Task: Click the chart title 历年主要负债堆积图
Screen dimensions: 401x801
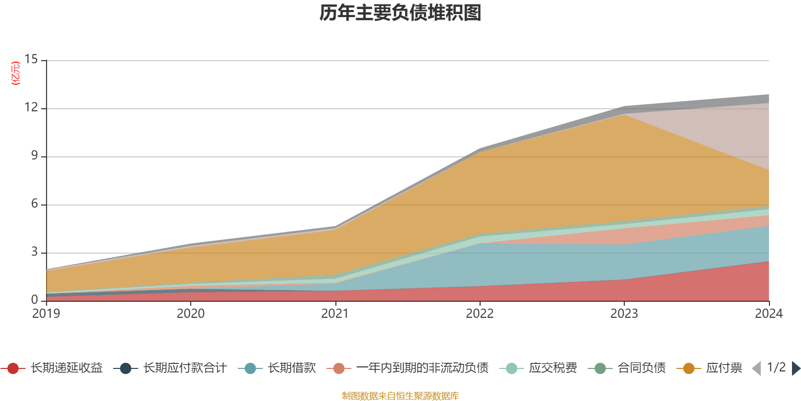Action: click(x=400, y=13)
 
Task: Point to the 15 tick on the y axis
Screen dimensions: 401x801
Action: click(x=31, y=60)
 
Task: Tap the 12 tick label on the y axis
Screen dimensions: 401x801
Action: click(x=31, y=108)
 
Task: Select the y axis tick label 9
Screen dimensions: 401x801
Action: click(x=34, y=156)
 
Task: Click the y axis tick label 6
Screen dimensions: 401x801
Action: click(x=34, y=204)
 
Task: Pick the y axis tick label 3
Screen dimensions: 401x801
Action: click(x=34, y=252)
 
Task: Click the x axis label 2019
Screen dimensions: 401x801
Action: click(x=46, y=314)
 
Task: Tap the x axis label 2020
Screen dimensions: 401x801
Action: click(x=190, y=314)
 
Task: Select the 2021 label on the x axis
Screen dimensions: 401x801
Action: click(x=335, y=314)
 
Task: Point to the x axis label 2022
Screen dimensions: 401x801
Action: click(x=480, y=314)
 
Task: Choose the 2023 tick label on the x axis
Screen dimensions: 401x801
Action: click(x=624, y=314)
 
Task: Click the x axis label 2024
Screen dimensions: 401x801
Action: click(x=768, y=314)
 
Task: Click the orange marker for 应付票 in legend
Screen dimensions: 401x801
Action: click(x=689, y=368)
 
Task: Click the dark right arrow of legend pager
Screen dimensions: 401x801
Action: click(x=795, y=368)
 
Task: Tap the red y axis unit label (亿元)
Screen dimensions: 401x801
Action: click(x=16, y=73)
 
